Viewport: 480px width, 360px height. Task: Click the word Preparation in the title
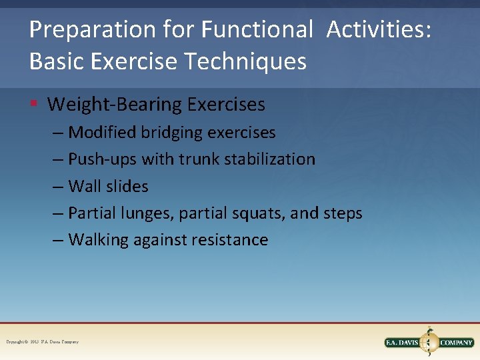coord(83,30)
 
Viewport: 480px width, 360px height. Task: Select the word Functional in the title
coord(257,30)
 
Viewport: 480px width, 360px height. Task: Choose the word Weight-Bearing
coord(115,105)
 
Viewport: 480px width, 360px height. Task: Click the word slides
coord(127,187)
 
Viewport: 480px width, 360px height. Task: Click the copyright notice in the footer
coord(42,342)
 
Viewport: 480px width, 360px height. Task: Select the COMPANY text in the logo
coord(456,343)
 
